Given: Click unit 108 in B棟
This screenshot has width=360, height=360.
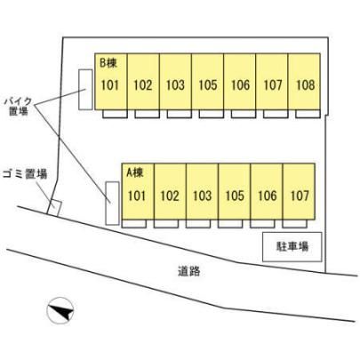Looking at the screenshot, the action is click(x=304, y=82).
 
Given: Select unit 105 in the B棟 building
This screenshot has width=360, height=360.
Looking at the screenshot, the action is click(x=208, y=82).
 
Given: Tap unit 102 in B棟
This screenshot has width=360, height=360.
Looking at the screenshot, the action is click(x=143, y=82).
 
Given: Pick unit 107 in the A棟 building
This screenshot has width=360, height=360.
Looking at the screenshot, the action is click(x=299, y=191).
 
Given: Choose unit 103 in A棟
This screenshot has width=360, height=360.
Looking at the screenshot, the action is click(x=203, y=191).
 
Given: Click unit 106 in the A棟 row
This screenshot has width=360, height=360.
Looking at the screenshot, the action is click(x=267, y=191).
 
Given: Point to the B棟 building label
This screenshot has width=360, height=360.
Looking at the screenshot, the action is click(x=108, y=63).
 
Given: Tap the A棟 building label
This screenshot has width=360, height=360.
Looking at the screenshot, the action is click(x=135, y=172).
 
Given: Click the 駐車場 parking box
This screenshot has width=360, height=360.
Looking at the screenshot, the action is click(x=292, y=247).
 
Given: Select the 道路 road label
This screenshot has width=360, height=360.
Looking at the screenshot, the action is click(x=189, y=271).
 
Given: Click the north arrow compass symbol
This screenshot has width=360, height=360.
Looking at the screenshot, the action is click(x=60, y=310).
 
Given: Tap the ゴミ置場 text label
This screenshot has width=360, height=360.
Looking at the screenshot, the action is click(x=25, y=174).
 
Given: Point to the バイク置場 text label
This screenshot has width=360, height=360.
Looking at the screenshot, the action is click(x=19, y=107).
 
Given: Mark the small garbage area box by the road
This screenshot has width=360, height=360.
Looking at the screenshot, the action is click(x=54, y=207).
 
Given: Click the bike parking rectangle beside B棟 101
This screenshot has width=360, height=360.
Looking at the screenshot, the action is click(x=85, y=90).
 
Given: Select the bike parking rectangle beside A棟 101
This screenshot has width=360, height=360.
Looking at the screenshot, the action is click(x=112, y=204).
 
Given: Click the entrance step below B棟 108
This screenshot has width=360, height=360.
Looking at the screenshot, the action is click(x=308, y=114).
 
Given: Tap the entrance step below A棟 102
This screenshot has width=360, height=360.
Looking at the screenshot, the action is click(x=166, y=224).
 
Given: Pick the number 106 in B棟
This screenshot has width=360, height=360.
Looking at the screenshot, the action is click(x=240, y=85).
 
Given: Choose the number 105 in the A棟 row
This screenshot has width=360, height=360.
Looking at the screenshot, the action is click(x=235, y=196).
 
